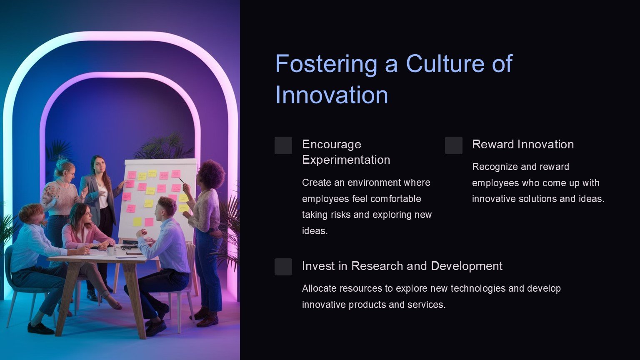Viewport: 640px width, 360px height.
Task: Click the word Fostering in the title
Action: [x=326, y=64]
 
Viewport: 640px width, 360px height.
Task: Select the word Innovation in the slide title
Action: [x=332, y=95]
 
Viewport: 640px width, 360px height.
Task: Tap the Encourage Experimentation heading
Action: [x=346, y=152]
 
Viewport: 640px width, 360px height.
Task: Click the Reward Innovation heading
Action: [x=523, y=144]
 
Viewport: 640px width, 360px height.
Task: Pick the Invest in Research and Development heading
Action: [x=402, y=266]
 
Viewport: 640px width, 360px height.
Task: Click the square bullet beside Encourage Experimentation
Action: [x=283, y=145]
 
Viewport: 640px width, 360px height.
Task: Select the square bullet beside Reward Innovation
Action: [x=453, y=145]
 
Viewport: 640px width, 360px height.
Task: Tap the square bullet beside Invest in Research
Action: [x=283, y=267]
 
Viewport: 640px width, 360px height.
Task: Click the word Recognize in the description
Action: [x=492, y=167]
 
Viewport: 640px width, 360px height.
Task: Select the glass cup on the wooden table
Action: [x=110, y=251]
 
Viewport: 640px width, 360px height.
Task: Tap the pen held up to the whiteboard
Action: [x=182, y=181]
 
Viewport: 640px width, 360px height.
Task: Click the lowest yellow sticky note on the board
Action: [x=137, y=221]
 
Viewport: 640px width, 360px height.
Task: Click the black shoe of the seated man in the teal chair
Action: [x=40, y=329]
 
